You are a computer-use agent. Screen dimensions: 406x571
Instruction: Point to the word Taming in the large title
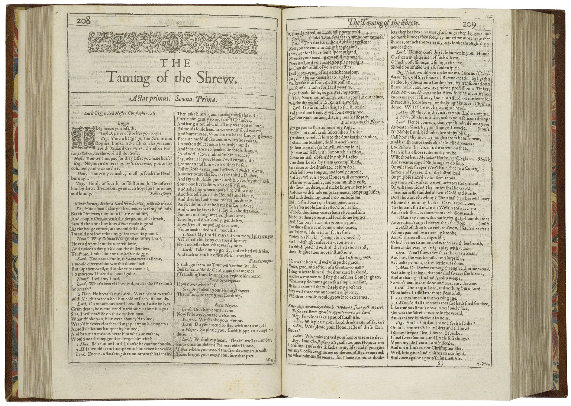129,78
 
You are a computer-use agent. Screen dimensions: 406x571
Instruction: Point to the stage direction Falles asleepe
162,194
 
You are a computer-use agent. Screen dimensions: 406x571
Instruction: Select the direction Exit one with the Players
362,122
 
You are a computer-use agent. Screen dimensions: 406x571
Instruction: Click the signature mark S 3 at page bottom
441,363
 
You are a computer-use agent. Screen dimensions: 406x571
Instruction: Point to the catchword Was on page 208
270,360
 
